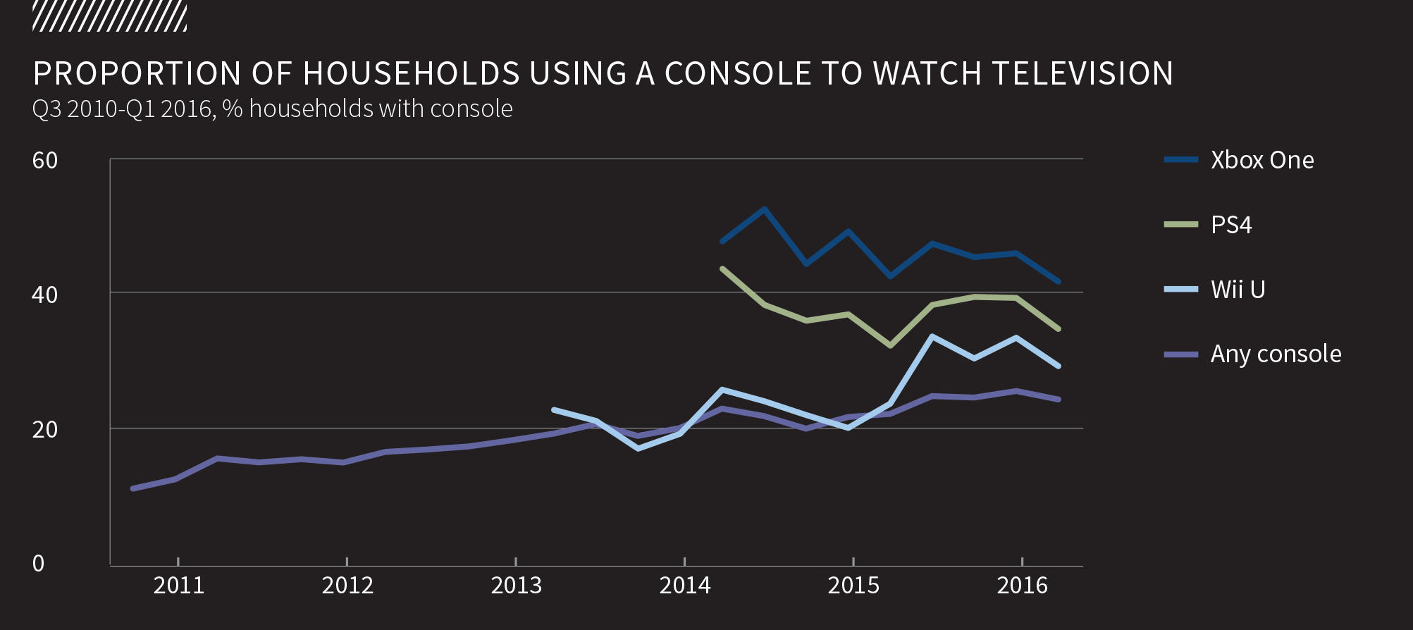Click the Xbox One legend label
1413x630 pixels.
1261,160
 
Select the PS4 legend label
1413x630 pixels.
1231,225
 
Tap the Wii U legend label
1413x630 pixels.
1238,290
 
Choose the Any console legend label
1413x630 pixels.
1276,354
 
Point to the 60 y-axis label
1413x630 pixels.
45,161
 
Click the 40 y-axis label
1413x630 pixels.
45,295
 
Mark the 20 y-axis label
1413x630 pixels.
45,429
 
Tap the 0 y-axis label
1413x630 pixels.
39,563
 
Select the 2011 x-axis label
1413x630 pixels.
179,586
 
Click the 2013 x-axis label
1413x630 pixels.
516,586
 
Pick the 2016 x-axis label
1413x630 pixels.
1022,586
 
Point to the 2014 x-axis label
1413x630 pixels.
685,586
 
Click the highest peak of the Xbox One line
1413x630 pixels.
765,209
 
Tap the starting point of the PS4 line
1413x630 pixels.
722,268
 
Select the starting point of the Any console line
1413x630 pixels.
132,488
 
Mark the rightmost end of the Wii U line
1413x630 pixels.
1059,366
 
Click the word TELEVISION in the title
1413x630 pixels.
1082,74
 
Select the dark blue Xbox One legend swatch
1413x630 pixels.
1181,160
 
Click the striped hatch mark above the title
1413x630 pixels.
110,17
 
